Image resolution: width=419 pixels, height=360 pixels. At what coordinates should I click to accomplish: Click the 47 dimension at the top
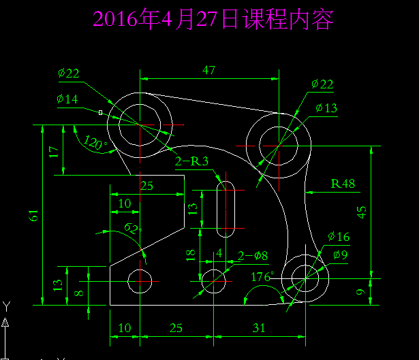click(x=209, y=69)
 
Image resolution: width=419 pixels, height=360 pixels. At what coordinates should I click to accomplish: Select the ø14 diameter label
click(x=68, y=99)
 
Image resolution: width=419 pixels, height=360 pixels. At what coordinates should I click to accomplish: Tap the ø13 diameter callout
click(x=326, y=108)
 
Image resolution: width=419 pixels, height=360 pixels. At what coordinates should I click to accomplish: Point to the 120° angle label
click(x=95, y=143)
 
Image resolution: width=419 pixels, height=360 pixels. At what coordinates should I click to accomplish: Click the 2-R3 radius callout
click(x=191, y=162)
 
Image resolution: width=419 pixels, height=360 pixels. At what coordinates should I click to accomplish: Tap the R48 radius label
click(x=343, y=183)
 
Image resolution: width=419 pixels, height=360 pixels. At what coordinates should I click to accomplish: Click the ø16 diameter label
click(x=338, y=237)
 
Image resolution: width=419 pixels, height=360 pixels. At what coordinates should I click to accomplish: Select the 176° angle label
click(x=262, y=278)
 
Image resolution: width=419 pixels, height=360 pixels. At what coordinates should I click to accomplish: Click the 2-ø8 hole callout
click(x=252, y=256)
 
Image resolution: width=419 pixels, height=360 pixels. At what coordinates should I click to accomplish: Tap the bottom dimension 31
click(x=259, y=328)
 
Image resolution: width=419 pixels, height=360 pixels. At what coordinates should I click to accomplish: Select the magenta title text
click(x=213, y=20)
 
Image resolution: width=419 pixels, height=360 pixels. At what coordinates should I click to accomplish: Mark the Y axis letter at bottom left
click(x=6, y=306)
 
